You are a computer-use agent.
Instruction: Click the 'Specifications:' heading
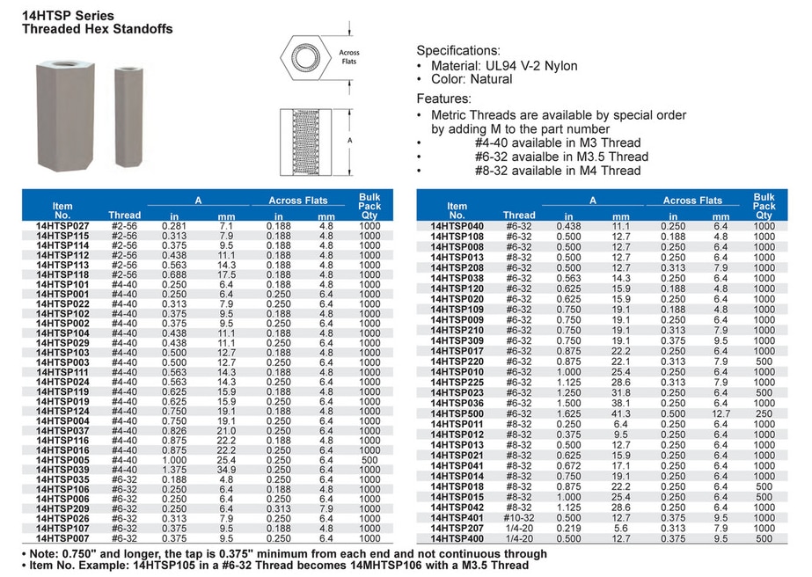pos(457,50)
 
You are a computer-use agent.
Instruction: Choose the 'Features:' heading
pos(445,99)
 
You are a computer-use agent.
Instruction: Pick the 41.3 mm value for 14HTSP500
pos(621,413)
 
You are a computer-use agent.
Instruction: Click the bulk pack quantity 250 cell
pos(764,413)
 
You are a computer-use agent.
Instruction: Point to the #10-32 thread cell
pos(519,518)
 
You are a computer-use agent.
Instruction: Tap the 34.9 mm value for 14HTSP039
pos(225,471)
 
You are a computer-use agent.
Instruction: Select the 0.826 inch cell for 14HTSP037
pos(174,431)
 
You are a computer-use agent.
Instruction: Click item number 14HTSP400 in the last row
pos(457,537)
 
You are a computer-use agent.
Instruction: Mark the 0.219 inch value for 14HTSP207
pos(569,528)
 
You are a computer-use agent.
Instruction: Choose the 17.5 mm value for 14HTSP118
pos(225,274)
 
